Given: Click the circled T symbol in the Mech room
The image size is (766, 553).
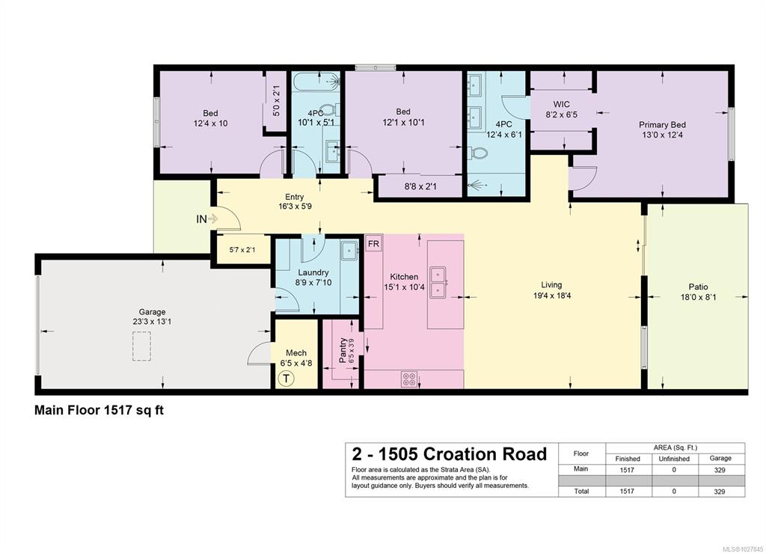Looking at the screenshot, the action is pos(286,379).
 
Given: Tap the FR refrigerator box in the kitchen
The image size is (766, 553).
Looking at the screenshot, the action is pos(373,243).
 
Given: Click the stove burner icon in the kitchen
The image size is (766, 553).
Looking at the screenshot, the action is pos(409,379).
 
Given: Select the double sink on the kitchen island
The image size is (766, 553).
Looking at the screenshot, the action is pos(438,282).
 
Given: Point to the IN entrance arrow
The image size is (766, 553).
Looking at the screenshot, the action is pos(206,219).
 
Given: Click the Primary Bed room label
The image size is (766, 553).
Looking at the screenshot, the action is pos(662,125).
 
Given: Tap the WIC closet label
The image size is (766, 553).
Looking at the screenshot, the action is pos(561,105).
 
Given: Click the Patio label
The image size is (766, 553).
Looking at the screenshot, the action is pos(698,287).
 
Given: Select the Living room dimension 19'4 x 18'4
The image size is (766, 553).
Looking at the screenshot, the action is pos(551,296).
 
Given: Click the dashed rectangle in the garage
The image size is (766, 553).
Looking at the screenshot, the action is pos(141,346).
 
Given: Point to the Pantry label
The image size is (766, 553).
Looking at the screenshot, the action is pos(343,350).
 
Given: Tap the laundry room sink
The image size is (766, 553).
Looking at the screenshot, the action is pos(349,251).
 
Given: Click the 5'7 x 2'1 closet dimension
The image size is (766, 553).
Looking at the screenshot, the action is pos(242,250).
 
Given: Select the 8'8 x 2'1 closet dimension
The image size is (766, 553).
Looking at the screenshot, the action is pos(420,186).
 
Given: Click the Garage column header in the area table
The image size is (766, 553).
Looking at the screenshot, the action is pos(720,458).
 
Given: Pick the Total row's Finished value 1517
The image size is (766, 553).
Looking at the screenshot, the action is pos(627,492).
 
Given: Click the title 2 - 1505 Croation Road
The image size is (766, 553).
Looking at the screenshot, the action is pos(450,453).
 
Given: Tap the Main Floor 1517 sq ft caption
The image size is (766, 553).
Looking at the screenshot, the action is pos(99,410).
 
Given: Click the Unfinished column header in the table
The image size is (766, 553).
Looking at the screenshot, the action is pos(674,459).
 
